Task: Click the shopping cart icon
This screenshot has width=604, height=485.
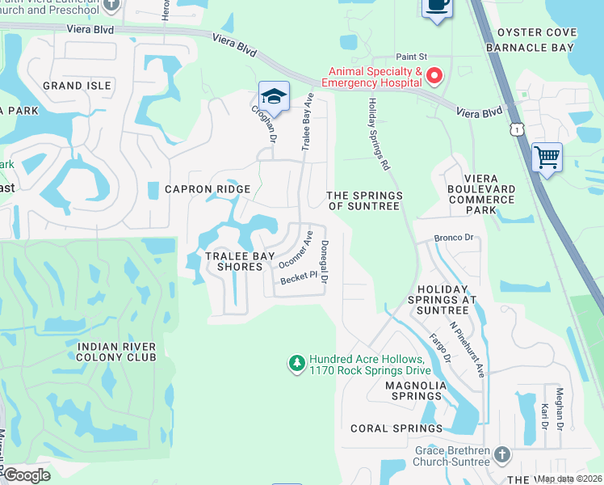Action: (x=547, y=157)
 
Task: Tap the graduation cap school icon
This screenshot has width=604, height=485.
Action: (x=274, y=95)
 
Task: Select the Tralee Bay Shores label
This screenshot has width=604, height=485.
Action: (x=234, y=261)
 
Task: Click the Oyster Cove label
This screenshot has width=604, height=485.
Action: (x=537, y=32)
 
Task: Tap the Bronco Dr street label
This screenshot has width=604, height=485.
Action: (x=452, y=238)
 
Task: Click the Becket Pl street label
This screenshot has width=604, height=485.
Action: (x=295, y=279)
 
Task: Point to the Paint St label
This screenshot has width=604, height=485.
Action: (x=410, y=57)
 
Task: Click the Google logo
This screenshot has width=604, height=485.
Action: (x=27, y=475)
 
